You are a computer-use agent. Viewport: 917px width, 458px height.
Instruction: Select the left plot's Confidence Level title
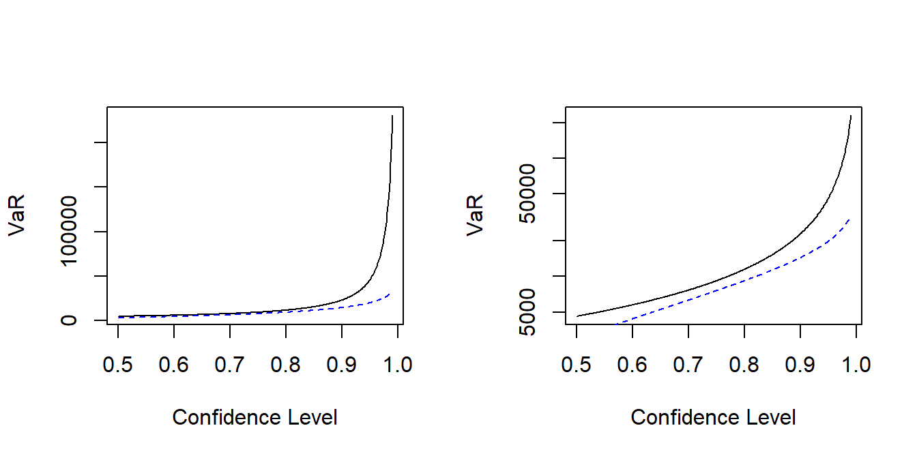[x=254, y=417]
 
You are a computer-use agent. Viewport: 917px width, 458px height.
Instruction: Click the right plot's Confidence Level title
[x=713, y=417]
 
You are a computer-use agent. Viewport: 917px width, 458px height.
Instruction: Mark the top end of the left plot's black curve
[x=392, y=116]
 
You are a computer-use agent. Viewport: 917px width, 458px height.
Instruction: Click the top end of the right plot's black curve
[x=851, y=116]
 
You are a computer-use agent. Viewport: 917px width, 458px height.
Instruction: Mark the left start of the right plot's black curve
[x=577, y=316]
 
